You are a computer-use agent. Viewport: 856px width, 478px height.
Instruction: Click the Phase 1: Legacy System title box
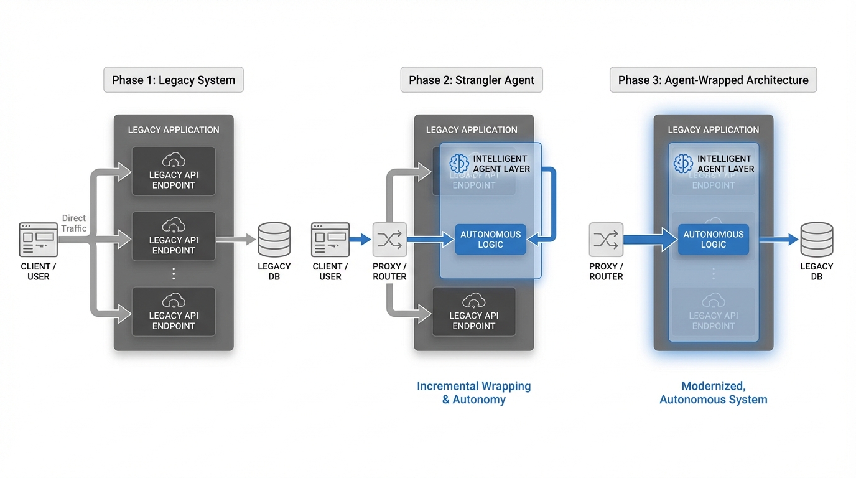174,80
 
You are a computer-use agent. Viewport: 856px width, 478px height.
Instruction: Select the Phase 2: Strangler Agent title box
472,80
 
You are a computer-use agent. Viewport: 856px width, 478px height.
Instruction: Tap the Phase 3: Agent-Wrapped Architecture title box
713,80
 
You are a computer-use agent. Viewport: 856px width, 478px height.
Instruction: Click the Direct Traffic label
74,223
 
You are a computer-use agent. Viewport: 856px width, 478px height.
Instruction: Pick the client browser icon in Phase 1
38,240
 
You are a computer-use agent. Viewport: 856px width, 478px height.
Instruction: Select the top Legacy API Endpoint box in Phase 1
174,171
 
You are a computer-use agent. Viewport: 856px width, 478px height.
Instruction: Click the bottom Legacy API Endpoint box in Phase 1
174,312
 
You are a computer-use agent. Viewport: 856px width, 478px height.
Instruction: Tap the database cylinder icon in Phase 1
274,240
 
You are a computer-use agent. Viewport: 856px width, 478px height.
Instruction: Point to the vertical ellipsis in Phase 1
174,274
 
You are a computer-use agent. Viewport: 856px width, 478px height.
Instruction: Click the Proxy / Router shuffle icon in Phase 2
389,240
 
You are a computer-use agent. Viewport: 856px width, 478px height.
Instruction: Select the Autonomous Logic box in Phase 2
490,240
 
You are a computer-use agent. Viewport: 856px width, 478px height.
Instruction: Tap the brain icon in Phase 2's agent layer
459,164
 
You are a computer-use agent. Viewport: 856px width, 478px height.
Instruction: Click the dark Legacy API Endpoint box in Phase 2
474,312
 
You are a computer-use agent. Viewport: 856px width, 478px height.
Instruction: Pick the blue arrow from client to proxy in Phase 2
360,240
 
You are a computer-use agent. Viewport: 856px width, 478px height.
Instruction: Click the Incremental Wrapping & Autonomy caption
474,393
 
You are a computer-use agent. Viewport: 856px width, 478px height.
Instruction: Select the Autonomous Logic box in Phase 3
714,240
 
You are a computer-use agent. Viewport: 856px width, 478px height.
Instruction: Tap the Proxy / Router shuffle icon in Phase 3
606,240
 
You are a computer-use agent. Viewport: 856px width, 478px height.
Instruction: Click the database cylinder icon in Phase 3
816,240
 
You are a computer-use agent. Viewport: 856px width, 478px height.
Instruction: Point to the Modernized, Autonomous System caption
714,393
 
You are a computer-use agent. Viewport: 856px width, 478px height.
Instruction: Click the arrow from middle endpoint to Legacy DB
236,240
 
